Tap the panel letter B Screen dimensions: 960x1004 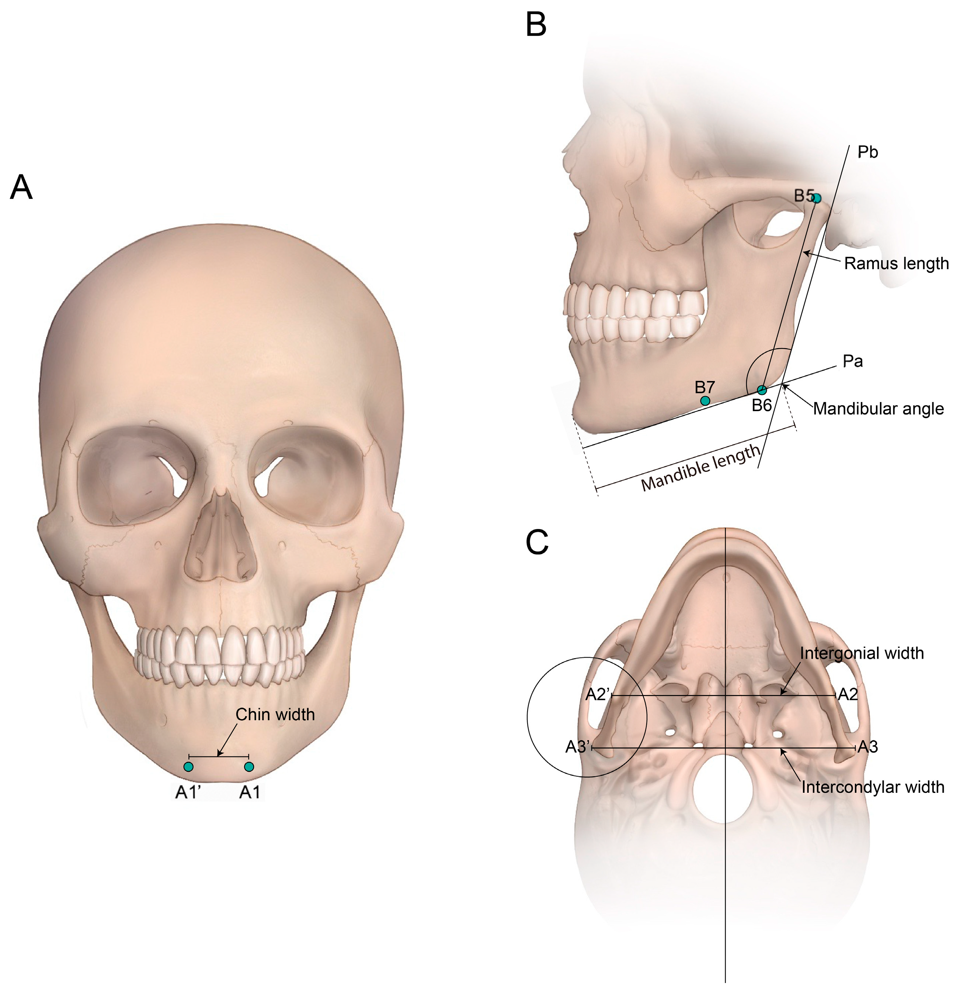536,25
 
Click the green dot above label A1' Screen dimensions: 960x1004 189,767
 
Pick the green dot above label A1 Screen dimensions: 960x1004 249,767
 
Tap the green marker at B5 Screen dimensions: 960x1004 817,198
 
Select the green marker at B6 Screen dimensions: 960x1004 762,390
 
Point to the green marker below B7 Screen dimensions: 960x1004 705,400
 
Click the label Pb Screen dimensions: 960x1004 868,152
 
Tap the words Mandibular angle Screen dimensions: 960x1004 878,409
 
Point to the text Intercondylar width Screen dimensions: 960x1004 873,787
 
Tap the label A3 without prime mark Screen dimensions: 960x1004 869,747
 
